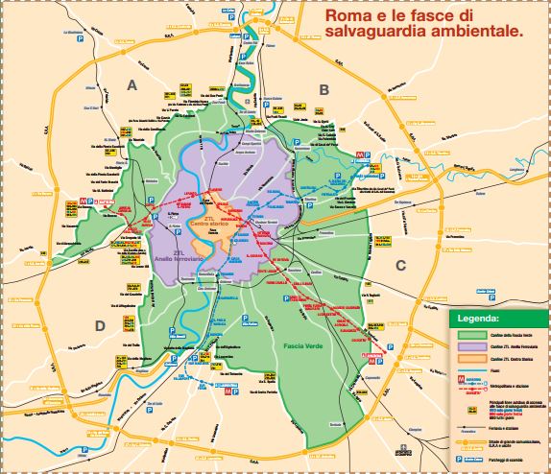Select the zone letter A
[x=133, y=85]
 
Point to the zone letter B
[x=324, y=89]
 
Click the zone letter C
[x=401, y=265]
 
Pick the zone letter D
[x=99, y=325]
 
